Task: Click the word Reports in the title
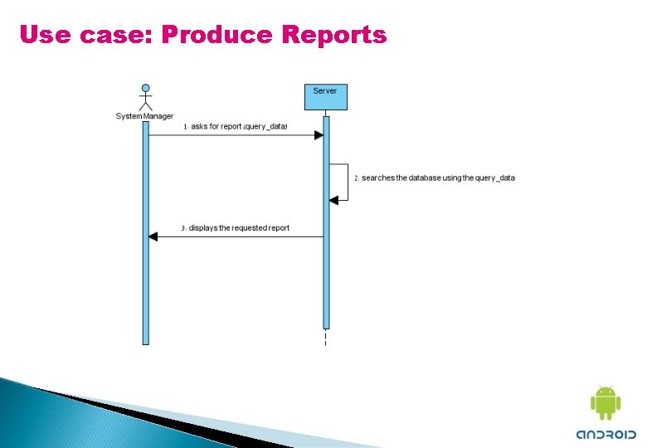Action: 334,35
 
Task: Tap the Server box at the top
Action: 325,96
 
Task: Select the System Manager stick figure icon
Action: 146,97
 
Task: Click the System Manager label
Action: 144,116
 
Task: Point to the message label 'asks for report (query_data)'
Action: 239,126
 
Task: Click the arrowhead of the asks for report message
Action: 319,135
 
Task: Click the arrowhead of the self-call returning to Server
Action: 333,200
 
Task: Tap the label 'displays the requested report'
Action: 239,227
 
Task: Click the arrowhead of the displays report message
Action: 153,236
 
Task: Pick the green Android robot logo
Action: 606,403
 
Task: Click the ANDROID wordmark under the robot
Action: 606,434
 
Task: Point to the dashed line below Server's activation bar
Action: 326,338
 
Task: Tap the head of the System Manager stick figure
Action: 146,88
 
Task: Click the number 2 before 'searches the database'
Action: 357,178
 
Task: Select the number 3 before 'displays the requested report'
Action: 183,228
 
